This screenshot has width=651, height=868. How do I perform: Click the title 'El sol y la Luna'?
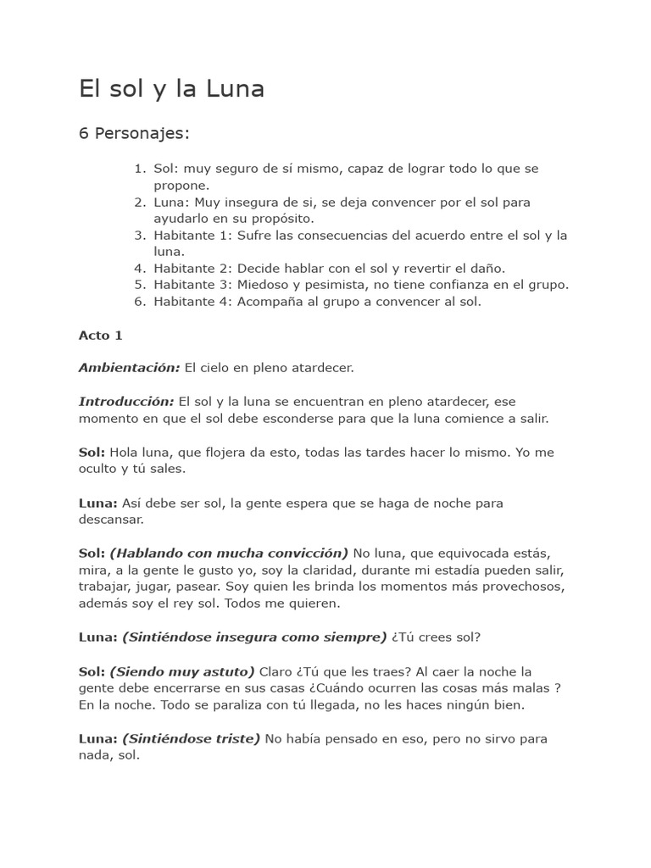171,89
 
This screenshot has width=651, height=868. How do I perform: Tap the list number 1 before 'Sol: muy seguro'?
140,169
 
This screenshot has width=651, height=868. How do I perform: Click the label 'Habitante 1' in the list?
192,235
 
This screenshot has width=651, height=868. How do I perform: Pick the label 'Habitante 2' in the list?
192,268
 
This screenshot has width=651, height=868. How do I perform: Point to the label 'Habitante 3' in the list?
192,285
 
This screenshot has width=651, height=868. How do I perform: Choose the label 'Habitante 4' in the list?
192,301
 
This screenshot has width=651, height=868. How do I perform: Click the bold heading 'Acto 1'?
101,335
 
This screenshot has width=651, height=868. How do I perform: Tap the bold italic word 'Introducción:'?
126,401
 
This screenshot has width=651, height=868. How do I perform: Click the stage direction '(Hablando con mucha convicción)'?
229,553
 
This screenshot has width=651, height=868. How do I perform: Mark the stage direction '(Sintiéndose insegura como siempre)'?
254,637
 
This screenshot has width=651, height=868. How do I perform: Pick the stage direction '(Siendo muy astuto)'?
182,670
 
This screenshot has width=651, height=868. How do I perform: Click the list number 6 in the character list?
140,301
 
